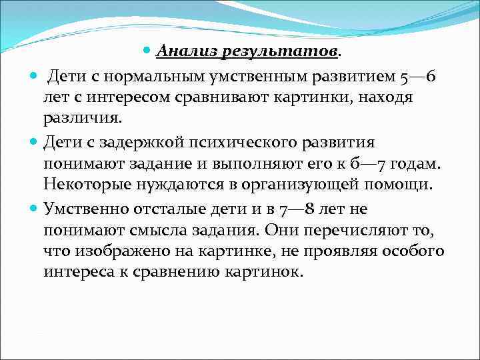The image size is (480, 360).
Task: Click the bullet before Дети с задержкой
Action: click(34, 142)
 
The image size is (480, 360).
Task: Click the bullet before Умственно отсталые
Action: click(34, 209)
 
